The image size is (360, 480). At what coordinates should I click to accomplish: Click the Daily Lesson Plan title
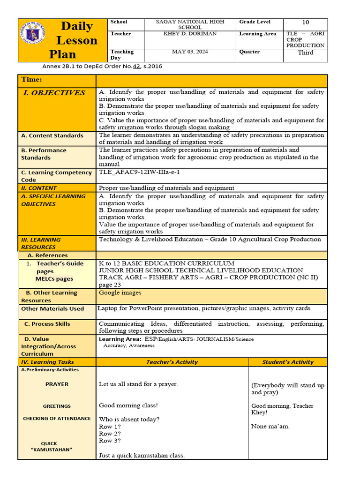[x=76, y=40]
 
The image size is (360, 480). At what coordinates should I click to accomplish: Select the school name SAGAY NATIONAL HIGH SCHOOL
[x=190, y=24]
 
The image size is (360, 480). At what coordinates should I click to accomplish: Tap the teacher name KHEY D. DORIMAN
[x=190, y=34]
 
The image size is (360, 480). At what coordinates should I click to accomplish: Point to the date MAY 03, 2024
[x=190, y=52]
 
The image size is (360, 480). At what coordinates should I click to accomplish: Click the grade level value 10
[x=306, y=22]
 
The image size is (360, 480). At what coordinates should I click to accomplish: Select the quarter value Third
[x=306, y=52]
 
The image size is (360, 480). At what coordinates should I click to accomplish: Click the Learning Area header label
[x=257, y=34]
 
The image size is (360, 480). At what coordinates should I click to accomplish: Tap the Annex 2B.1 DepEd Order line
[x=102, y=67]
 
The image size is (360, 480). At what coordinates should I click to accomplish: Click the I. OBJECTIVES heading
[x=54, y=93]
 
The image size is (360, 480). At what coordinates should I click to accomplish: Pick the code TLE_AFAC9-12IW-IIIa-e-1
[x=139, y=172]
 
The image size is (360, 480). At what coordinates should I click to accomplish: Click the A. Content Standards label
[x=52, y=135]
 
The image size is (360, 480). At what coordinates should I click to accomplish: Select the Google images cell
[x=120, y=293]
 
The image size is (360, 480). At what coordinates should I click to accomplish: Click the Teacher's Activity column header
[x=172, y=362]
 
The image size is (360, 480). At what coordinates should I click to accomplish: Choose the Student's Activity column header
[x=288, y=362]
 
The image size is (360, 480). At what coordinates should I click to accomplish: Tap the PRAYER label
[x=57, y=384]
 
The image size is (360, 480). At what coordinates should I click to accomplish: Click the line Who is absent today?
[x=129, y=420]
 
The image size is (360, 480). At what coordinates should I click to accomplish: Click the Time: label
[x=31, y=80]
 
